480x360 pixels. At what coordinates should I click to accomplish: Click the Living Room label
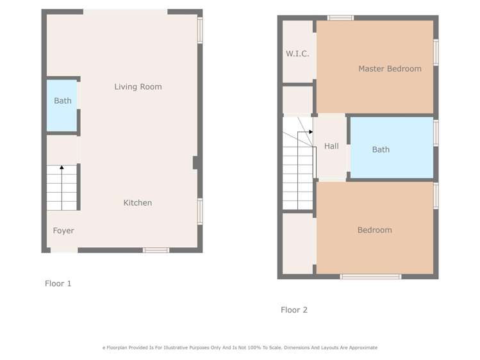tap(138, 86)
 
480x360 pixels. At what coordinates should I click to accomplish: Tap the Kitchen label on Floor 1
tap(138, 202)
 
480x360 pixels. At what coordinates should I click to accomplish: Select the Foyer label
tap(63, 231)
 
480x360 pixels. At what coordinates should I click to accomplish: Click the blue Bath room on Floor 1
tap(62, 105)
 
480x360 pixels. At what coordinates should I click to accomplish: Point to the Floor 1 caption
tap(58, 283)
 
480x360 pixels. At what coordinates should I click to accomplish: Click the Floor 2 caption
tap(294, 309)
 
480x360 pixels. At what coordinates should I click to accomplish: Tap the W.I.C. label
tap(297, 54)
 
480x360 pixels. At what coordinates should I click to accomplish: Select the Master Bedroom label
tap(390, 69)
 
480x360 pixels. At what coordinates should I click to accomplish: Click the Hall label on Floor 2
tap(331, 146)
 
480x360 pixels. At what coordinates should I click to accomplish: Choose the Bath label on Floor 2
tap(381, 149)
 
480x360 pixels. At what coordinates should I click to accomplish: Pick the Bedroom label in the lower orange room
tap(374, 230)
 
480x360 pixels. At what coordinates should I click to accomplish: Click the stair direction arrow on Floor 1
tap(62, 168)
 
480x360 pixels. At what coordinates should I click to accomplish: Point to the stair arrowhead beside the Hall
tap(310, 132)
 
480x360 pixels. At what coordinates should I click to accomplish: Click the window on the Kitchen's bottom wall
tap(156, 250)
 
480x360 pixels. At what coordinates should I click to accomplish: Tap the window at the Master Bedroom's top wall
tap(340, 18)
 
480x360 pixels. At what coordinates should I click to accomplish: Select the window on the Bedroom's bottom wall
tap(370, 277)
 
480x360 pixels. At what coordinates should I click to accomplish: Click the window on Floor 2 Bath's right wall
tap(436, 133)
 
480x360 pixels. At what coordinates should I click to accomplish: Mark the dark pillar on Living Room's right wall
tap(195, 163)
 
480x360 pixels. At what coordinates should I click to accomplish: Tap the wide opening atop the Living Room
tap(125, 12)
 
